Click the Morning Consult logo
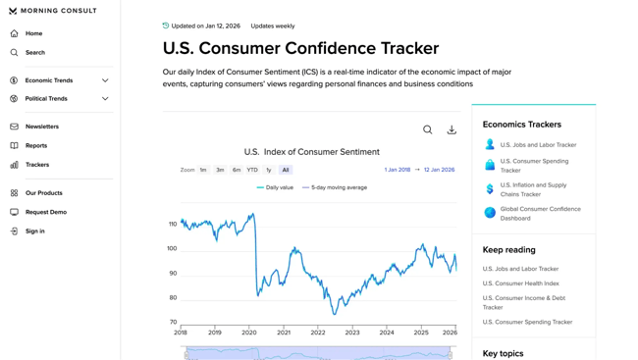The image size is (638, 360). (x=53, y=11)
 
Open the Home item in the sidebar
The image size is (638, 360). (x=33, y=33)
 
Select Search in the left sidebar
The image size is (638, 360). (x=35, y=53)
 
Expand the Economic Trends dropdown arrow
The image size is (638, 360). (x=105, y=80)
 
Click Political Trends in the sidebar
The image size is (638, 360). (x=46, y=99)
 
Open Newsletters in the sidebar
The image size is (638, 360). (x=42, y=127)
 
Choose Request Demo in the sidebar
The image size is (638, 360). (x=46, y=212)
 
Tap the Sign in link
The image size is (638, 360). (x=35, y=231)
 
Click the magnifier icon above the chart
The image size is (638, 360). (x=428, y=129)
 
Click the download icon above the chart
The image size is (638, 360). (x=452, y=129)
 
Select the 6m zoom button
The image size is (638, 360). (x=237, y=170)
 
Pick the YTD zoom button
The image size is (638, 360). (x=252, y=170)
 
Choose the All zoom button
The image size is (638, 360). (x=286, y=170)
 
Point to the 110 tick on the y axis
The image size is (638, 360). (x=173, y=225)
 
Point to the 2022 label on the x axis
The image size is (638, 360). (x=318, y=333)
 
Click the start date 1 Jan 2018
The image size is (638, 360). (x=398, y=170)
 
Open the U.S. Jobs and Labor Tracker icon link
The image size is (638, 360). (x=490, y=144)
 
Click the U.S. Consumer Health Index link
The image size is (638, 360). (x=520, y=283)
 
